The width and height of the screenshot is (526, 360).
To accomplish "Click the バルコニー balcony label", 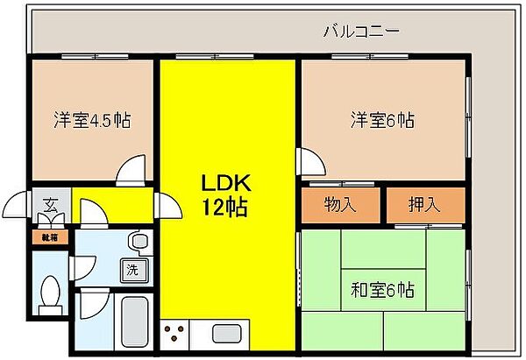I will coord(361,30).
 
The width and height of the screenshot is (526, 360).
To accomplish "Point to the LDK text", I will coord(227,184).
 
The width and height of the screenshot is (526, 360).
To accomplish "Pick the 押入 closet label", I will coord(425,206).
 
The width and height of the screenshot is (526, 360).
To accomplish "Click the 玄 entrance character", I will coord(50,208).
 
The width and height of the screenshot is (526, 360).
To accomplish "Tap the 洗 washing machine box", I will coord(132,269).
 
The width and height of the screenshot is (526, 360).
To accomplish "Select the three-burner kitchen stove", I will coord(174,334).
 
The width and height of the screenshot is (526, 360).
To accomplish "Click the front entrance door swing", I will coord(18,206).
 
